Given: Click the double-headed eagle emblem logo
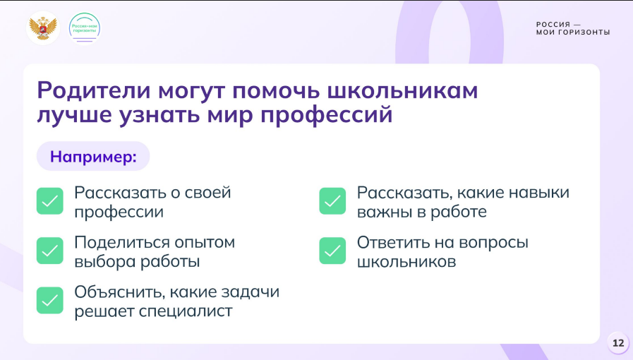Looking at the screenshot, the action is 43,28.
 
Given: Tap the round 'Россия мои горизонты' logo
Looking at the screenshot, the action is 85,28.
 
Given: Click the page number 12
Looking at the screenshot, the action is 618,343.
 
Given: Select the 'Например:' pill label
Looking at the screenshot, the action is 93,156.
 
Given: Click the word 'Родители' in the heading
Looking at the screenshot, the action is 94,90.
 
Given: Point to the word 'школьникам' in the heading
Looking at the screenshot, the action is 402,90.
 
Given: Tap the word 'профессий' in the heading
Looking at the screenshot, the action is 326,115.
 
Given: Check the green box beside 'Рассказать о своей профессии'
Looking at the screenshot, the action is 50,201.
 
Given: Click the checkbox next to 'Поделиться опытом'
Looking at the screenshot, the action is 50,251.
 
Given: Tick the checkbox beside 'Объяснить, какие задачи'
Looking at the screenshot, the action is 50,300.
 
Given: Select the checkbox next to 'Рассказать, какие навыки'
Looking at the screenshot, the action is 332,201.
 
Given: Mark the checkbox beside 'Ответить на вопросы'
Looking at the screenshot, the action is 332,251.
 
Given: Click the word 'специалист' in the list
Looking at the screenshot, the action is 186,311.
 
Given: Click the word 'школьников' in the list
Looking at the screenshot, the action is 406,261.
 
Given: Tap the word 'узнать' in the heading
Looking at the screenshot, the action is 159,115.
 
